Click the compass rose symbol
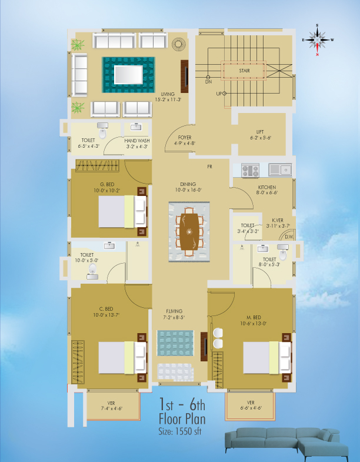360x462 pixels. coord(317,40)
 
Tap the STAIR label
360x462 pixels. coord(245,71)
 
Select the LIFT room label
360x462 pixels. coord(260,132)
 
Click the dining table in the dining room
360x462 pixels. coord(189,232)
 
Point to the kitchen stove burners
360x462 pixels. coord(251,170)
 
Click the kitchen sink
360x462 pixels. coord(280,170)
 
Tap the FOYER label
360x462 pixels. coord(185,137)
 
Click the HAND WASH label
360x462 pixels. coord(137,141)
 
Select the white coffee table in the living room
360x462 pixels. coord(128,75)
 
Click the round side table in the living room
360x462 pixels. coord(179,44)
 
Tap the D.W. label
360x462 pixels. coord(289,237)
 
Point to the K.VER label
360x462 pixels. coord(278,220)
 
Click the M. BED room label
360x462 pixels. coord(254,317)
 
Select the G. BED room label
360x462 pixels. coord(107,184)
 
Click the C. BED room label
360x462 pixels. coord(106,309)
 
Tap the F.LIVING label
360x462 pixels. coord(174,311)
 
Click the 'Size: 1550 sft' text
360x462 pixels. coord(180,431)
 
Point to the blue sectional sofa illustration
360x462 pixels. coord(286,444)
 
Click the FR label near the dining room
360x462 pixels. coord(210,167)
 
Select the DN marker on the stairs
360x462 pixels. coord(208,82)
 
